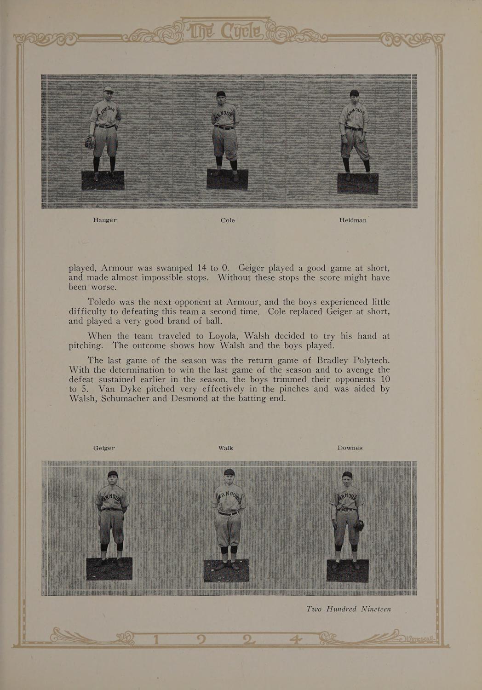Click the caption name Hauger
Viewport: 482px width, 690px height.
click(x=105, y=220)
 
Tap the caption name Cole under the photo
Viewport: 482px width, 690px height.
click(x=228, y=220)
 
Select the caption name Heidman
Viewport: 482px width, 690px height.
click(x=353, y=220)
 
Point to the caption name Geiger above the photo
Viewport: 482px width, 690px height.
click(x=104, y=448)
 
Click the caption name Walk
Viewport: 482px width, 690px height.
click(x=226, y=448)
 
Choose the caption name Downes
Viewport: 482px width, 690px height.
click(x=350, y=448)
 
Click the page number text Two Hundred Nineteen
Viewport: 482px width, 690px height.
click(x=349, y=609)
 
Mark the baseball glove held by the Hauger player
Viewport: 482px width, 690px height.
click(x=90, y=143)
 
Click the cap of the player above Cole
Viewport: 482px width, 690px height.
click(x=221, y=94)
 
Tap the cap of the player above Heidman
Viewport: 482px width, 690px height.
click(x=354, y=93)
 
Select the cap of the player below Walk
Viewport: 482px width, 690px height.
click(x=229, y=471)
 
